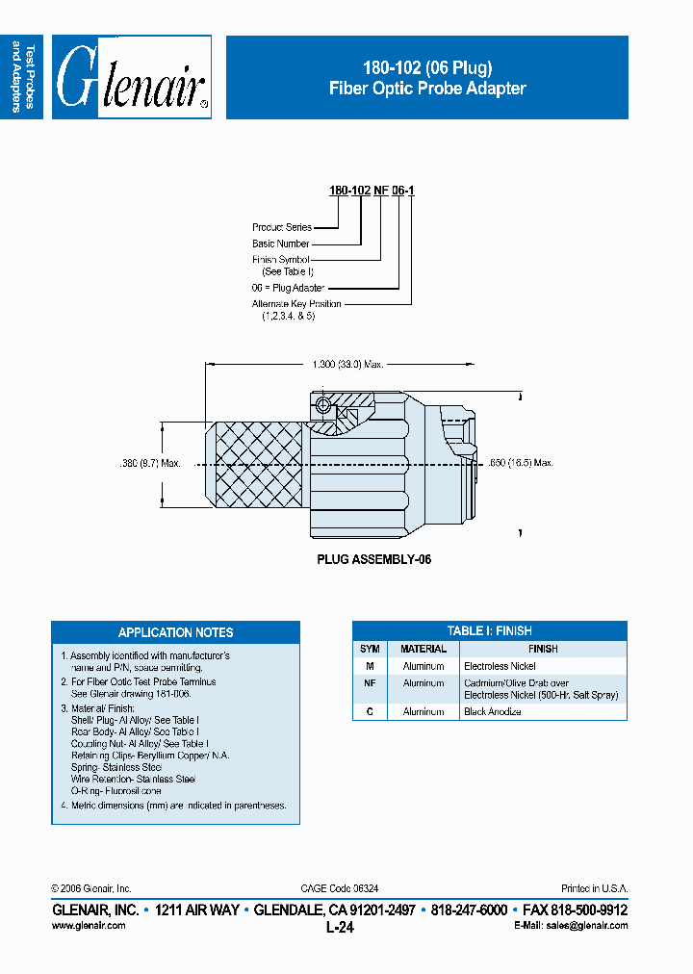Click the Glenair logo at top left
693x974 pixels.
click(132, 78)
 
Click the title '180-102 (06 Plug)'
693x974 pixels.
click(427, 67)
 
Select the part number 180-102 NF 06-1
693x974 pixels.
click(372, 192)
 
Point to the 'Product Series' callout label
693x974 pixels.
click(282, 227)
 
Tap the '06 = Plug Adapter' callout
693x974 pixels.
click(288, 288)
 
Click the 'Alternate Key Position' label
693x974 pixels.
click(296, 304)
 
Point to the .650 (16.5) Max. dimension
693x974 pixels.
click(521, 463)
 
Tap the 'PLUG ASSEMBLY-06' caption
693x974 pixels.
click(373, 559)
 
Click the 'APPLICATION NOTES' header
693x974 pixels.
click(175, 632)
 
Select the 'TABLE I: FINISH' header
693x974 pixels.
click(489, 631)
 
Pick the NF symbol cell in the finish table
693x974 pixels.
click(370, 682)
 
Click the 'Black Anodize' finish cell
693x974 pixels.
click(493, 711)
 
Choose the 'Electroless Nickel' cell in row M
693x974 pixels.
click(500, 666)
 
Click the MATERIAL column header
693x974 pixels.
click(423, 649)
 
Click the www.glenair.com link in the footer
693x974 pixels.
click(88, 925)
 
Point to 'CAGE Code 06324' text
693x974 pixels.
click(338, 888)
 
